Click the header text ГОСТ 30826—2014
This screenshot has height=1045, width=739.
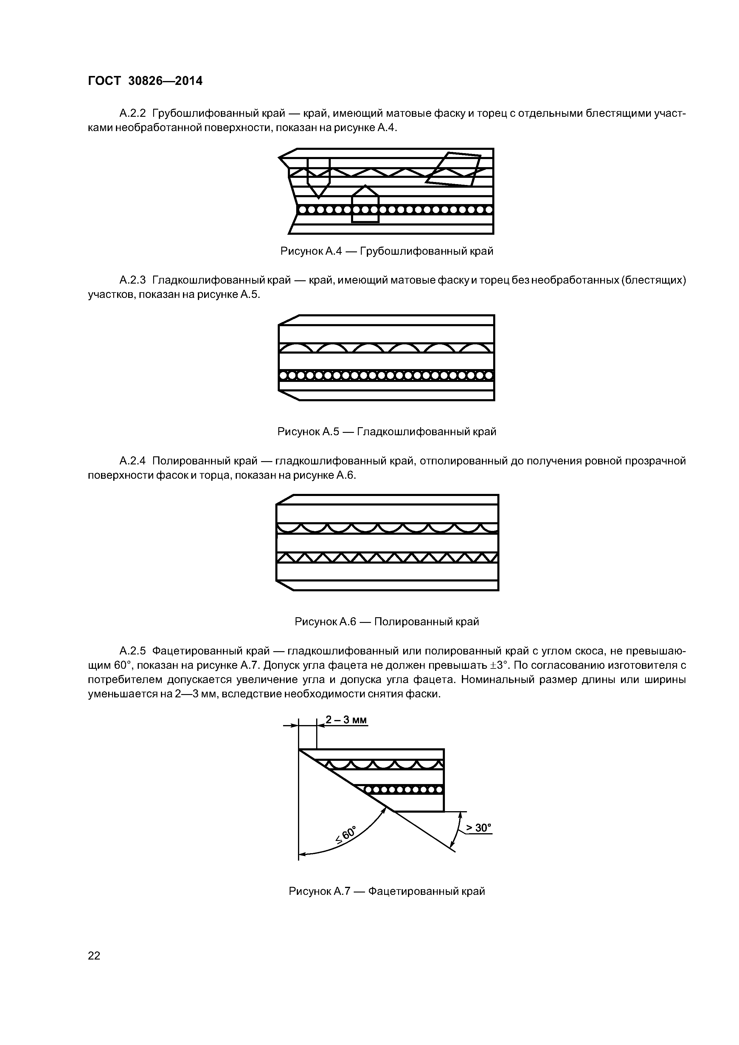145,81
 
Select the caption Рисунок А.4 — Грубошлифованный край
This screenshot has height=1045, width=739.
386,251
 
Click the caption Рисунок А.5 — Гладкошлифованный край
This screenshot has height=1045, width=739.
386,431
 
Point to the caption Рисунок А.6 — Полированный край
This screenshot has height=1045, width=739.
386,621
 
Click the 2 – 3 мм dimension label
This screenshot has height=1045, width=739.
346,720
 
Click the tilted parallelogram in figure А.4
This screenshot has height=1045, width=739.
454,169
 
